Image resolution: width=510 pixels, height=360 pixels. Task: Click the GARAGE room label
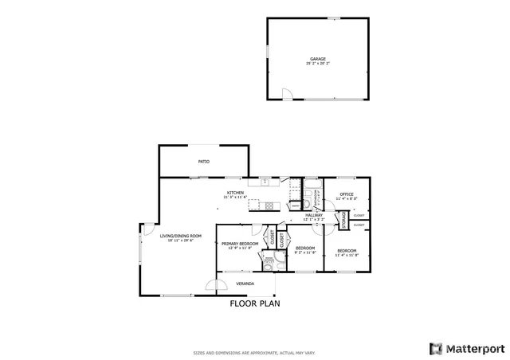click(318, 59)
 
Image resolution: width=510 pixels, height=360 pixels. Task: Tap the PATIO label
click(204, 162)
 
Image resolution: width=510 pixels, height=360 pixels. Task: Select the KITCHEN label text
click(235, 193)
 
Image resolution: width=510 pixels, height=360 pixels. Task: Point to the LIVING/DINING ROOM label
click(181, 236)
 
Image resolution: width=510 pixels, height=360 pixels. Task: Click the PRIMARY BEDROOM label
click(239, 245)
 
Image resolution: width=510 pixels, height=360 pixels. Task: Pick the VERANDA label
click(245, 284)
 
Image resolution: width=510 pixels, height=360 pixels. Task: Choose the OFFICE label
click(347, 194)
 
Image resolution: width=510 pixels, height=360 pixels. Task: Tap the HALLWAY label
click(314, 214)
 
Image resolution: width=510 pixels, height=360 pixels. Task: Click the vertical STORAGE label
click(344, 220)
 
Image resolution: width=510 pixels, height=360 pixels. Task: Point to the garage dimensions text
click(318, 64)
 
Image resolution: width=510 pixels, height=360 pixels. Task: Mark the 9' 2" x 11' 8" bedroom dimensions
click(305, 252)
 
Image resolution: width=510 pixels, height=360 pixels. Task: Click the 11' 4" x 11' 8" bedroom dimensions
click(347, 256)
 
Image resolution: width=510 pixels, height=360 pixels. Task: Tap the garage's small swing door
click(288, 96)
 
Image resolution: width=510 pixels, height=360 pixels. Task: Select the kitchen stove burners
click(269, 205)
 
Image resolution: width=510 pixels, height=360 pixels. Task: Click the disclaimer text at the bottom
click(255, 352)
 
